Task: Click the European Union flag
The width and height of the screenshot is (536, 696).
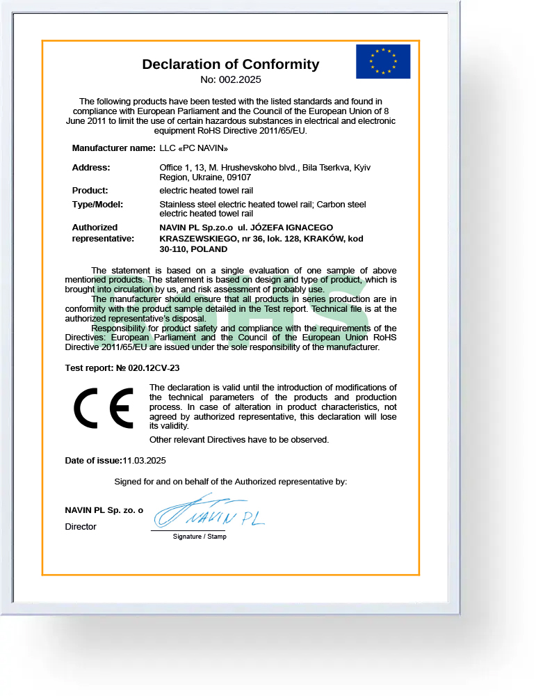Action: (x=383, y=61)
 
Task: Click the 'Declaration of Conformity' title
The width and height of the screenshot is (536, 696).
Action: (x=230, y=64)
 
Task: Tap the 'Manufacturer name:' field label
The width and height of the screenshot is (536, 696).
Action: (x=113, y=148)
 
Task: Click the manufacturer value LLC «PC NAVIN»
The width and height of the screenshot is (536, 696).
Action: (x=193, y=148)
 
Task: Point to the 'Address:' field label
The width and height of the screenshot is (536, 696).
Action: (x=91, y=168)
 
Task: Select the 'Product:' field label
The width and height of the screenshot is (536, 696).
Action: (x=90, y=190)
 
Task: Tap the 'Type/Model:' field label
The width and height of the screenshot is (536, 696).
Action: (x=97, y=204)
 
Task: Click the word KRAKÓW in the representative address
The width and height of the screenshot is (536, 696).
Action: (x=325, y=238)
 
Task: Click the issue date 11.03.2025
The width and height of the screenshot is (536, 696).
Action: (x=144, y=461)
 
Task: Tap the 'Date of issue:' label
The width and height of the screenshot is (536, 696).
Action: (x=93, y=461)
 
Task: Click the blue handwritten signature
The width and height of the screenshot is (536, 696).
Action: (x=209, y=514)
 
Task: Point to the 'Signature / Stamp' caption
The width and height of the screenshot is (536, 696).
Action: (x=200, y=537)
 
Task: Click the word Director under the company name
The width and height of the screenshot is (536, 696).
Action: (x=81, y=527)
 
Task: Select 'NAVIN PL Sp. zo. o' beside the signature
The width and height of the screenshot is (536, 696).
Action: (x=104, y=510)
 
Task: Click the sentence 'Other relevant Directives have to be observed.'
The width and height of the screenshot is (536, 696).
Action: (x=239, y=440)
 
